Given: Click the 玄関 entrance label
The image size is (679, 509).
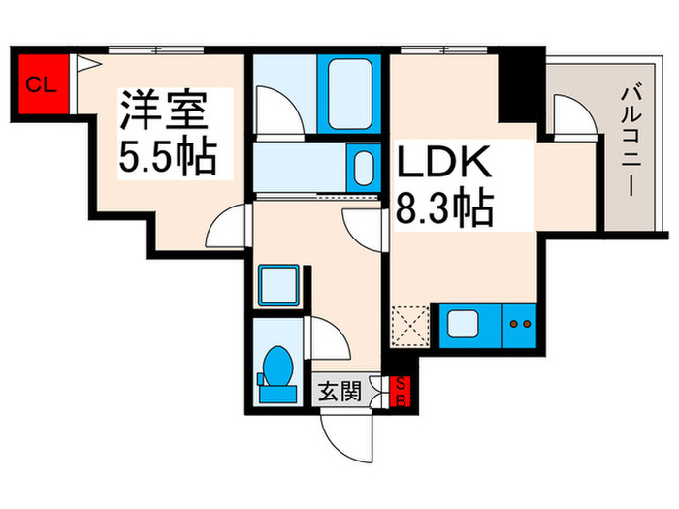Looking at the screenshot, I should click(x=340, y=393).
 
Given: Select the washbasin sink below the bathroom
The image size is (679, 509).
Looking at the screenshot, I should click(x=363, y=168).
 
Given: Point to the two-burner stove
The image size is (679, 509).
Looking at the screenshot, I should click(x=520, y=325).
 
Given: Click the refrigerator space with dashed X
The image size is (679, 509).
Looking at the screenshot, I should click(x=411, y=327).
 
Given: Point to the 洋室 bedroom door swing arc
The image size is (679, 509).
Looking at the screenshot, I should click(x=230, y=227).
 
